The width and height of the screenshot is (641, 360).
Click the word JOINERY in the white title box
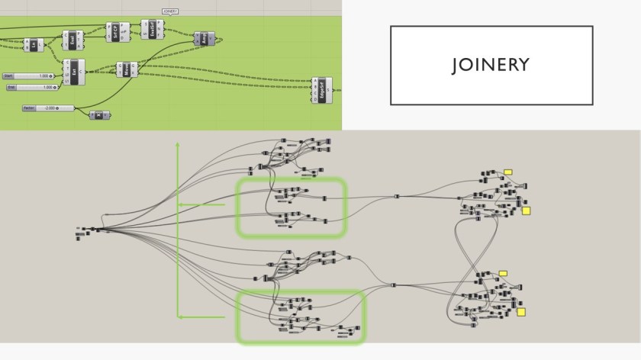(x=491, y=66)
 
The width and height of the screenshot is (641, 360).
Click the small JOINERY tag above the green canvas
(x=169, y=11)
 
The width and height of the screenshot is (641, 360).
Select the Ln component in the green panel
(x=34, y=45)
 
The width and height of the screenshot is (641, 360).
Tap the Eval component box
(x=72, y=40)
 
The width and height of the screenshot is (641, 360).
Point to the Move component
(x=123, y=70)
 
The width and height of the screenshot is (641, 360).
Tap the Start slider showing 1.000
(x=28, y=76)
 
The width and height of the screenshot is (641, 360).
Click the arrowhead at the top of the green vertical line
(x=178, y=143)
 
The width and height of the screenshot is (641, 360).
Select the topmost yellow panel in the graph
(x=507, y=172)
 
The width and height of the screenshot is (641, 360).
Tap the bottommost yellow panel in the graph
(x=522, y=311)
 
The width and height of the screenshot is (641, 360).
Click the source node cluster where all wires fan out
(x=92, y=230)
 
